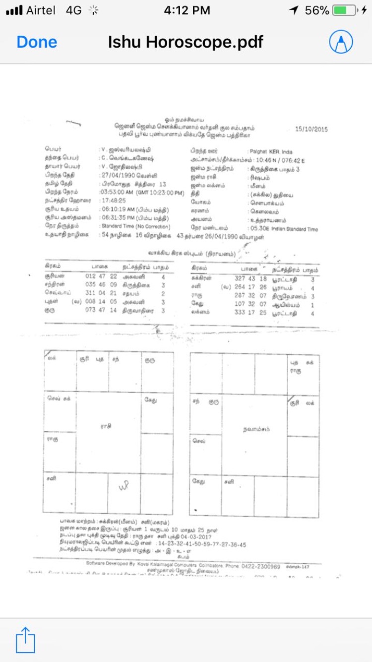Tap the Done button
click(37, 42)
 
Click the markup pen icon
click(341, 42)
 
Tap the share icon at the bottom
click(25, 640)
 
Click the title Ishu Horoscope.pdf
click(186, 42)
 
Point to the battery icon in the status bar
click(346, 10)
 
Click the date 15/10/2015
click(311, 129)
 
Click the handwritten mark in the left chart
click(124, 488)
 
